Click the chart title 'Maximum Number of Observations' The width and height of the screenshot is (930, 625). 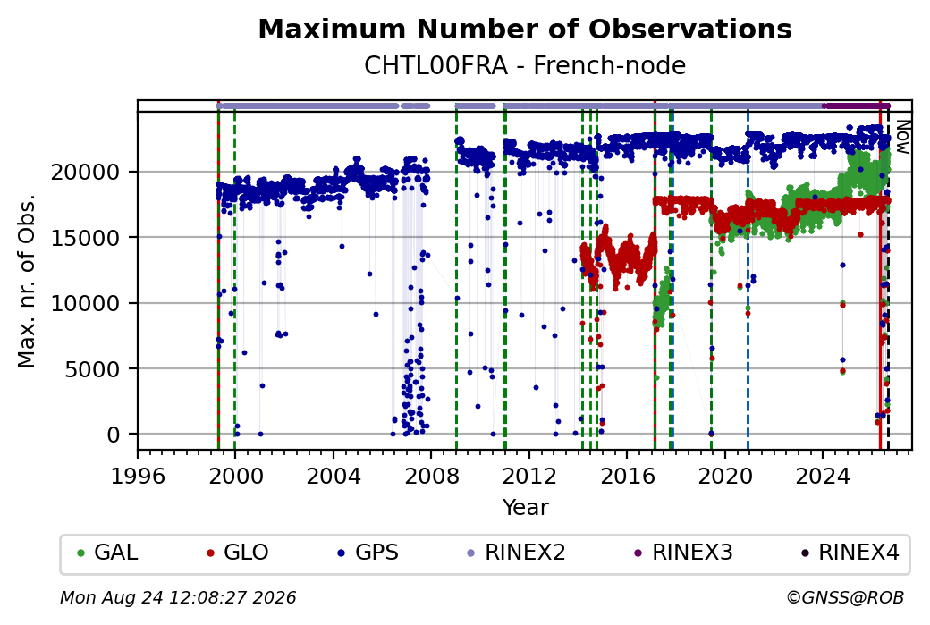[x=525, y=29]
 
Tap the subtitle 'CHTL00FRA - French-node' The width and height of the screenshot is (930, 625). [x=525, y=65]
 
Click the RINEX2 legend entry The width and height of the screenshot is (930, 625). [x=516, y=553]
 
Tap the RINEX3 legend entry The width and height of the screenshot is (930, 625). [x=683, y=553]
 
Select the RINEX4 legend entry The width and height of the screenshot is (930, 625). [x=850, y=553]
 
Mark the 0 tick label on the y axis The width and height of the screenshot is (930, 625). [x=114, y=435]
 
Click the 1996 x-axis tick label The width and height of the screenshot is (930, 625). [x=138, y=476]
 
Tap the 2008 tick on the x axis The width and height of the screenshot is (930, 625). [x=431, y=476]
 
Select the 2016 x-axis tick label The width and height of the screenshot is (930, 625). [x=627, y=476]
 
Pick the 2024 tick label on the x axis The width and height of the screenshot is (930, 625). [x=823, y=476]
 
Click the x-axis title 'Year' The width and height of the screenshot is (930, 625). [x=525, y=508]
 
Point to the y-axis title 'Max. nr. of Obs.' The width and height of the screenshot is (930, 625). [x=27, y=281]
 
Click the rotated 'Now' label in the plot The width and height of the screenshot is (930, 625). [x=902, y=137]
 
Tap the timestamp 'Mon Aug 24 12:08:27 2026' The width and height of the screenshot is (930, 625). [x=178, y=597]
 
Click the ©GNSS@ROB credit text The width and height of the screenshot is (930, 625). [x=845, y=597]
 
